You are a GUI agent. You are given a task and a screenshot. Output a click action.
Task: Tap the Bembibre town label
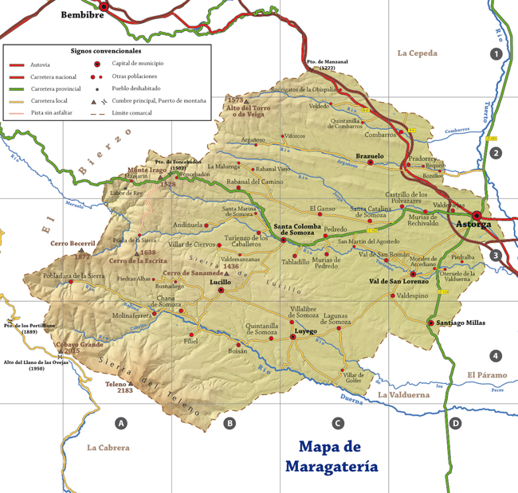point(84,14)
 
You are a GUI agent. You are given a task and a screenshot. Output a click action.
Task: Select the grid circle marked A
point(121,423)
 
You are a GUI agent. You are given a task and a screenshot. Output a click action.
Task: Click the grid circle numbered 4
point(496,355)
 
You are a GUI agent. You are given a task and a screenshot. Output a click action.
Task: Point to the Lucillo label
point(220,282)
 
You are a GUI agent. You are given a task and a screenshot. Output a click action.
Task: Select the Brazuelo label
point(370,156)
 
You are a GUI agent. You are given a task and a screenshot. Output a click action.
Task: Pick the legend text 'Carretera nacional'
point(53,76)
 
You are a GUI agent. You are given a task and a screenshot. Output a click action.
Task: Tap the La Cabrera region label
point(108,448)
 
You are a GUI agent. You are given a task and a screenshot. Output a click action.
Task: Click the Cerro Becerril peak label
point(73,244)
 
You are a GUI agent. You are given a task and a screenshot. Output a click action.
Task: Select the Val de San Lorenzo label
point(398,281)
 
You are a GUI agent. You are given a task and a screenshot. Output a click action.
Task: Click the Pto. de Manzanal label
point(328,65)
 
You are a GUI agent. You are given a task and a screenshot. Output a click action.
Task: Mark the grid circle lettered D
point(455,423)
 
